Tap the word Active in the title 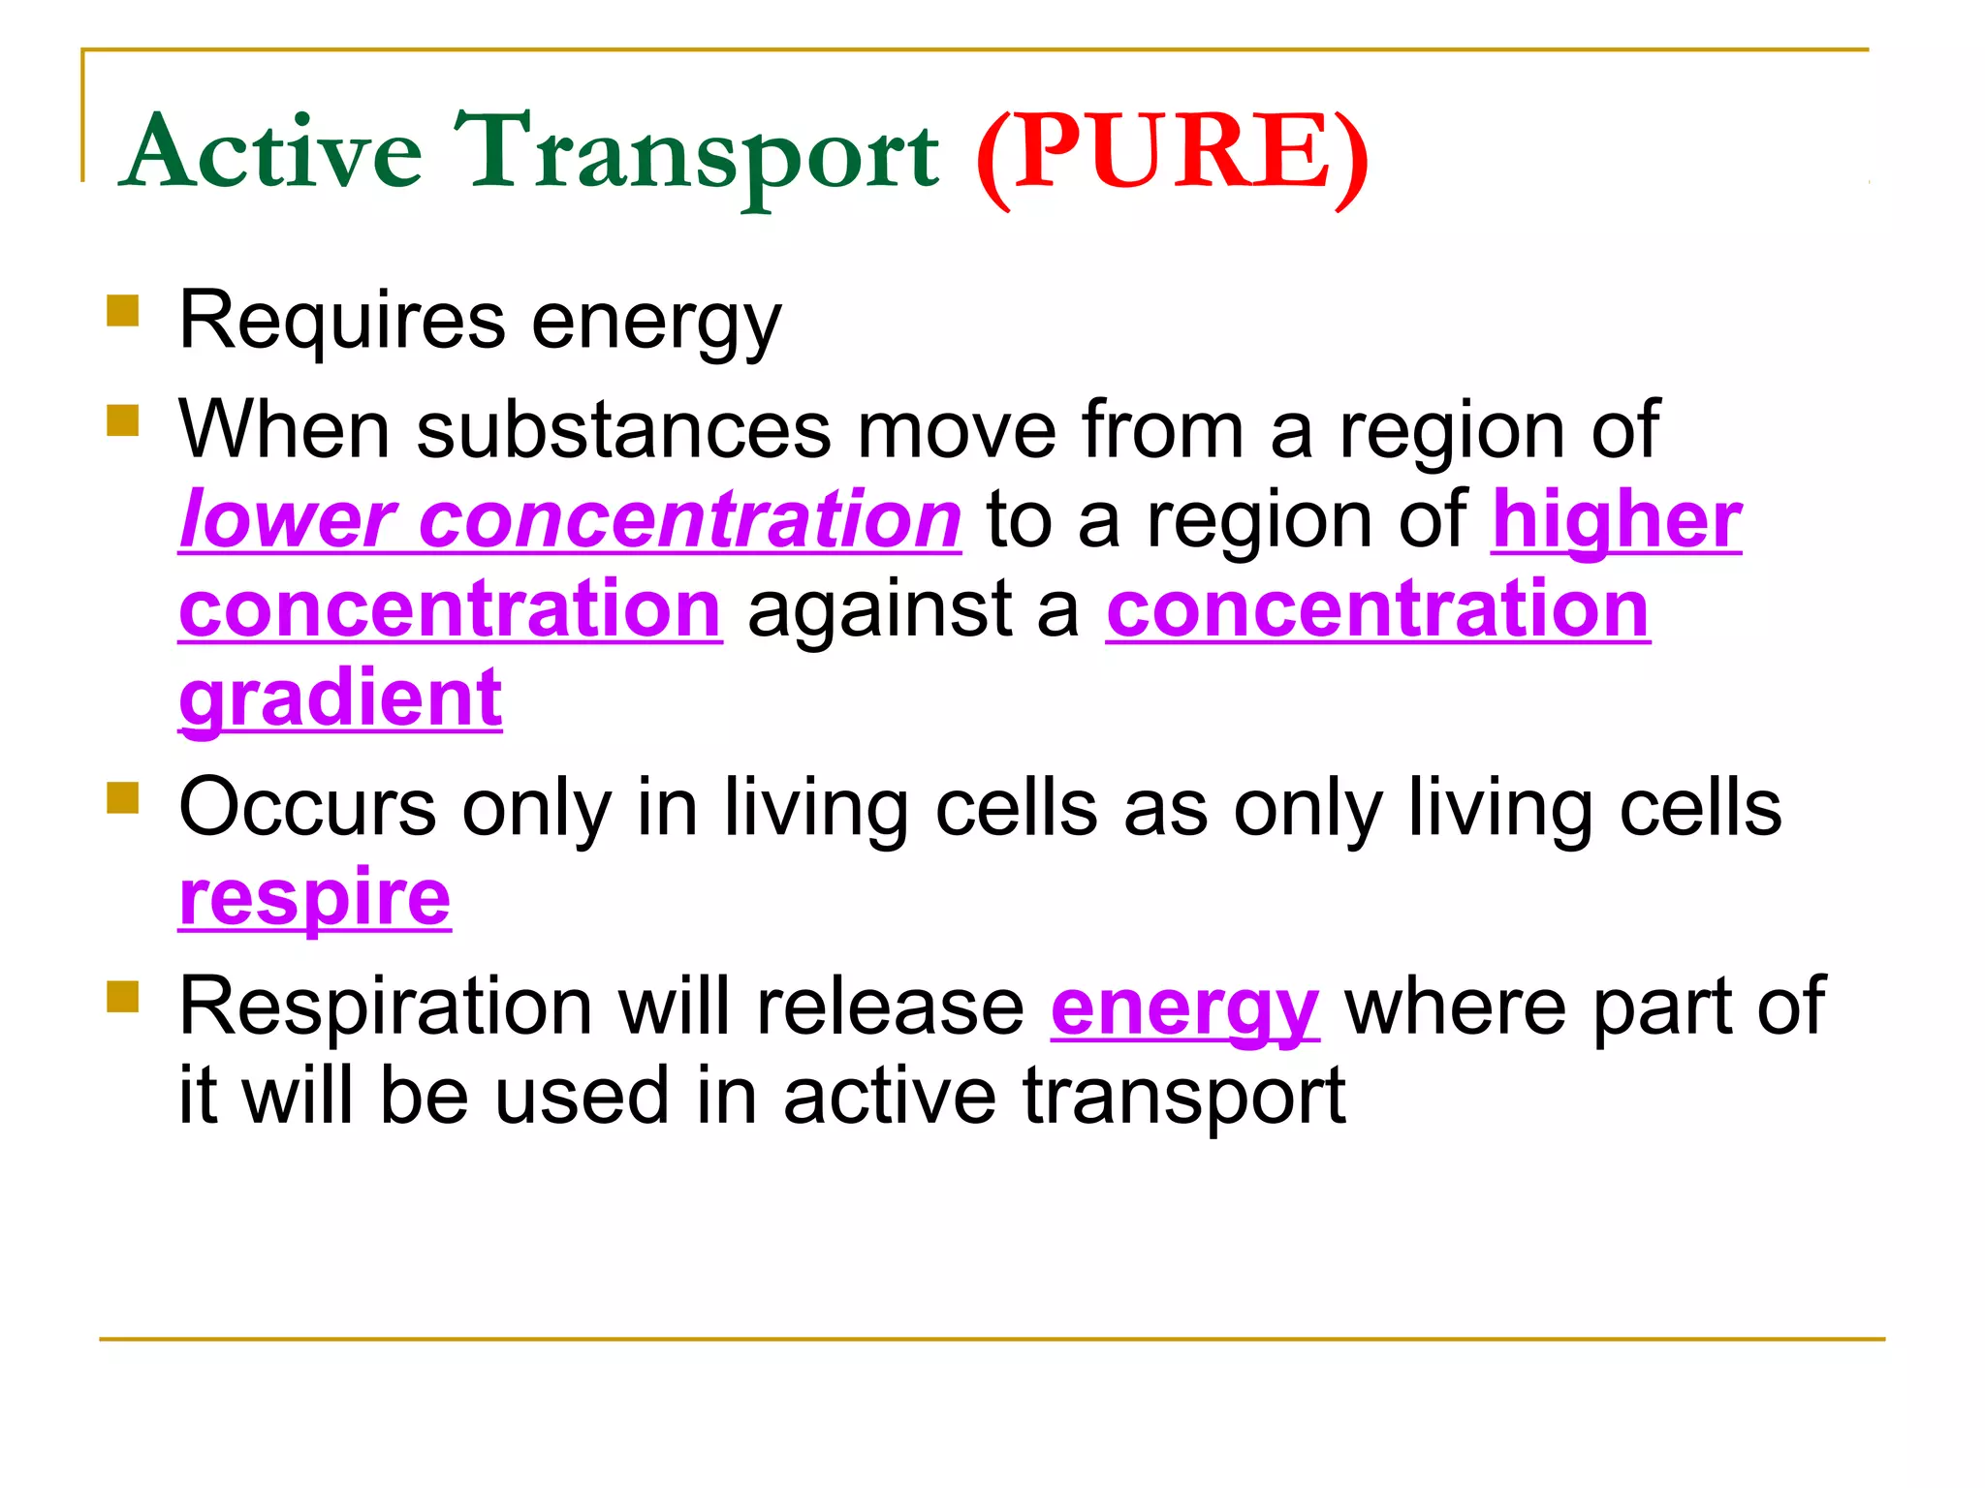pos(273,153)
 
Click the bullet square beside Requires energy pos(123,312)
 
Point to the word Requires pos(342,322)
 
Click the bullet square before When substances pos(123,420)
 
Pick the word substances pos(623,430)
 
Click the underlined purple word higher pos(1616,521)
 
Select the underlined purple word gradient pos(340,699)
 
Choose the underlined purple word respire pos(315,899)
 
